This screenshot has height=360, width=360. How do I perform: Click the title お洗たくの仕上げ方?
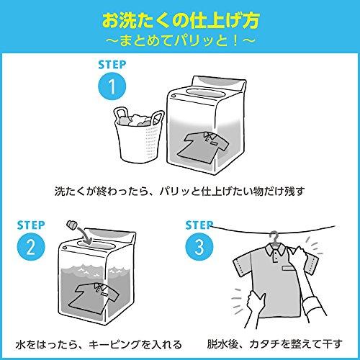(180, 17)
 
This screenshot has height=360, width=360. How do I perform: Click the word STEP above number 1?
(110, 65)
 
